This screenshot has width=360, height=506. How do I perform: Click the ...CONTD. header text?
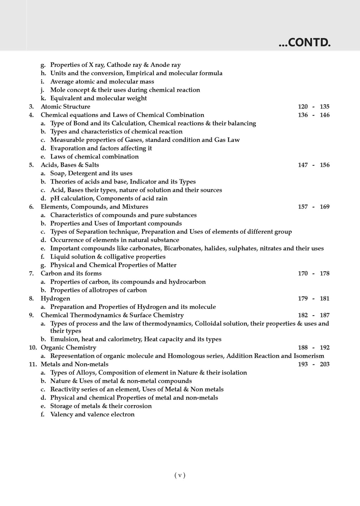pos(304,43)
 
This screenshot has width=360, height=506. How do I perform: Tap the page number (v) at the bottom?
pos(180,475)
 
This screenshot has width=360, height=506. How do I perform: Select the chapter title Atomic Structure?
pos(65,106)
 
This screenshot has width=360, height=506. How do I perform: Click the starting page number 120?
pos(302,106)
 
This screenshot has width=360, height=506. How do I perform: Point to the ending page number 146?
pos(324,115)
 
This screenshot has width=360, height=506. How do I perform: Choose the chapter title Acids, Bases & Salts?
pos(70,165)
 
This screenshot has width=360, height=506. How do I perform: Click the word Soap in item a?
pos(57,173)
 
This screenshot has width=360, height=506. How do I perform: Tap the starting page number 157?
pos(302,207)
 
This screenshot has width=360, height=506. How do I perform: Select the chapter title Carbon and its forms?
pos(71,273)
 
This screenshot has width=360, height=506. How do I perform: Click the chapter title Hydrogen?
pos(55,298)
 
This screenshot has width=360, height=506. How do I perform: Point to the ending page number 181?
pos(324,298)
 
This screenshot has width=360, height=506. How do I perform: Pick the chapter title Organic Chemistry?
pos(68,348)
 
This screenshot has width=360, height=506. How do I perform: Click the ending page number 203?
pos(324,364)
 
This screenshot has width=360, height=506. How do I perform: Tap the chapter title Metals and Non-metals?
pos(75,364)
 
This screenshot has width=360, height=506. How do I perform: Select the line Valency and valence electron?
pos(92,414)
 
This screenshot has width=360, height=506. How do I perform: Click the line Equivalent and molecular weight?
pos(98,98)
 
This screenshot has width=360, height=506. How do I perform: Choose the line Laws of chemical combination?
pos(94,156)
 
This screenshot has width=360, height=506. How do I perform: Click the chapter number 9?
pos(31,315)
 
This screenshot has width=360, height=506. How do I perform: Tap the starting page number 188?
pos(302,348)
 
